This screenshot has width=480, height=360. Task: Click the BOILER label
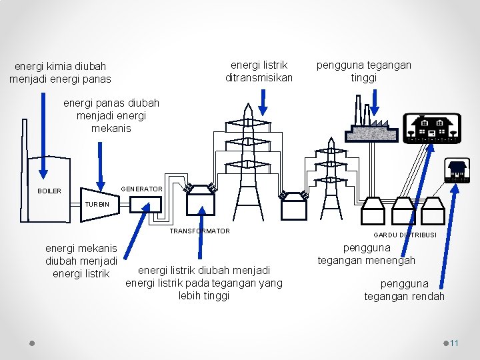pos(49,191)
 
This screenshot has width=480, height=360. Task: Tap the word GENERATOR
pos(141,189)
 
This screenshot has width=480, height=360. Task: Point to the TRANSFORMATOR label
pos(200,231)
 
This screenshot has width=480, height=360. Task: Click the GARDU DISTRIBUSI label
pos(405,235)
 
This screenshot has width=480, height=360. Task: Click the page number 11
pos(455,343)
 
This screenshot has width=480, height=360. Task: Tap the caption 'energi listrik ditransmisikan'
pos(259,71)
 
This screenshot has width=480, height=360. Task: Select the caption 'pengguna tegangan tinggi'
pos(364,71)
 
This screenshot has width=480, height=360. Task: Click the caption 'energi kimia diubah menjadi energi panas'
pos(61,73)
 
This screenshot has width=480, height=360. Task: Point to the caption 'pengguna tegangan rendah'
pos(404,290)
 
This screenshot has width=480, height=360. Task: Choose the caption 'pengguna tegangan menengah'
pos(366,254)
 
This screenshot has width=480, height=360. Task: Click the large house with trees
pos(433,127)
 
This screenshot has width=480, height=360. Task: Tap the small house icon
pos(457,171)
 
